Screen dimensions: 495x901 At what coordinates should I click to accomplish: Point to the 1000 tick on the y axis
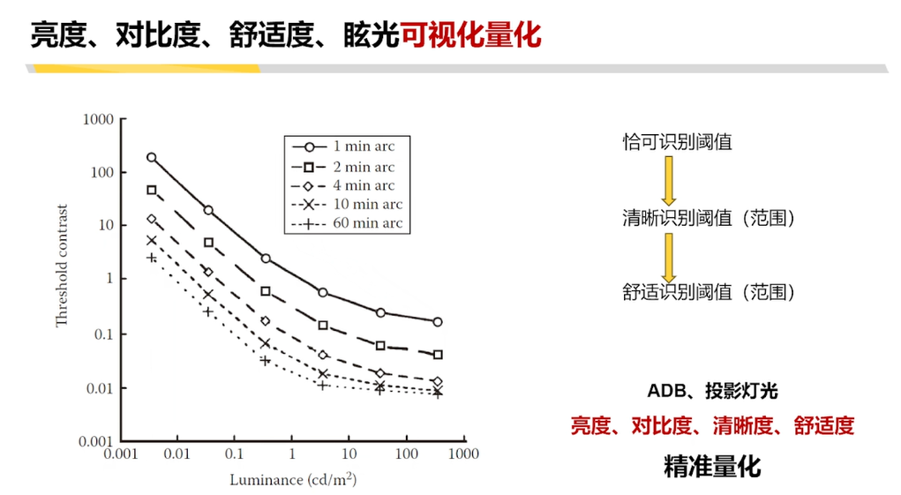99,119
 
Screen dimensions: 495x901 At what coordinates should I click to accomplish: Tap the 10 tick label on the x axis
349,454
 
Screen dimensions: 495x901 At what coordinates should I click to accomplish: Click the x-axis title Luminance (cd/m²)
293,480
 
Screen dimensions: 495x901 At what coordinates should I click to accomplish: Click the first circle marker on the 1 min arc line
151,157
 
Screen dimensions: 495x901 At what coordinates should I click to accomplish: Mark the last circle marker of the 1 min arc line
438,322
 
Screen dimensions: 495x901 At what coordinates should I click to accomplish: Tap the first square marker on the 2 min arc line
151,190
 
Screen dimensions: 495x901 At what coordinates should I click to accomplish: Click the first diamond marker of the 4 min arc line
151,219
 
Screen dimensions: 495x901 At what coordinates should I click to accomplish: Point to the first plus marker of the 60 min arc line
151,258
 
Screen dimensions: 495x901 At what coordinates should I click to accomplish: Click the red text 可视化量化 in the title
470,36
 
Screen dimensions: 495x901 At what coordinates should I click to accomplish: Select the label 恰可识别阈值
677,142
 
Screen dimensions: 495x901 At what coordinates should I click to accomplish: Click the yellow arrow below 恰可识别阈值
669,180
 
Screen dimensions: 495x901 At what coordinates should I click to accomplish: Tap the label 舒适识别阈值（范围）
709,292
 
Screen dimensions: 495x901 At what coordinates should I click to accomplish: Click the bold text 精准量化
711,467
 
